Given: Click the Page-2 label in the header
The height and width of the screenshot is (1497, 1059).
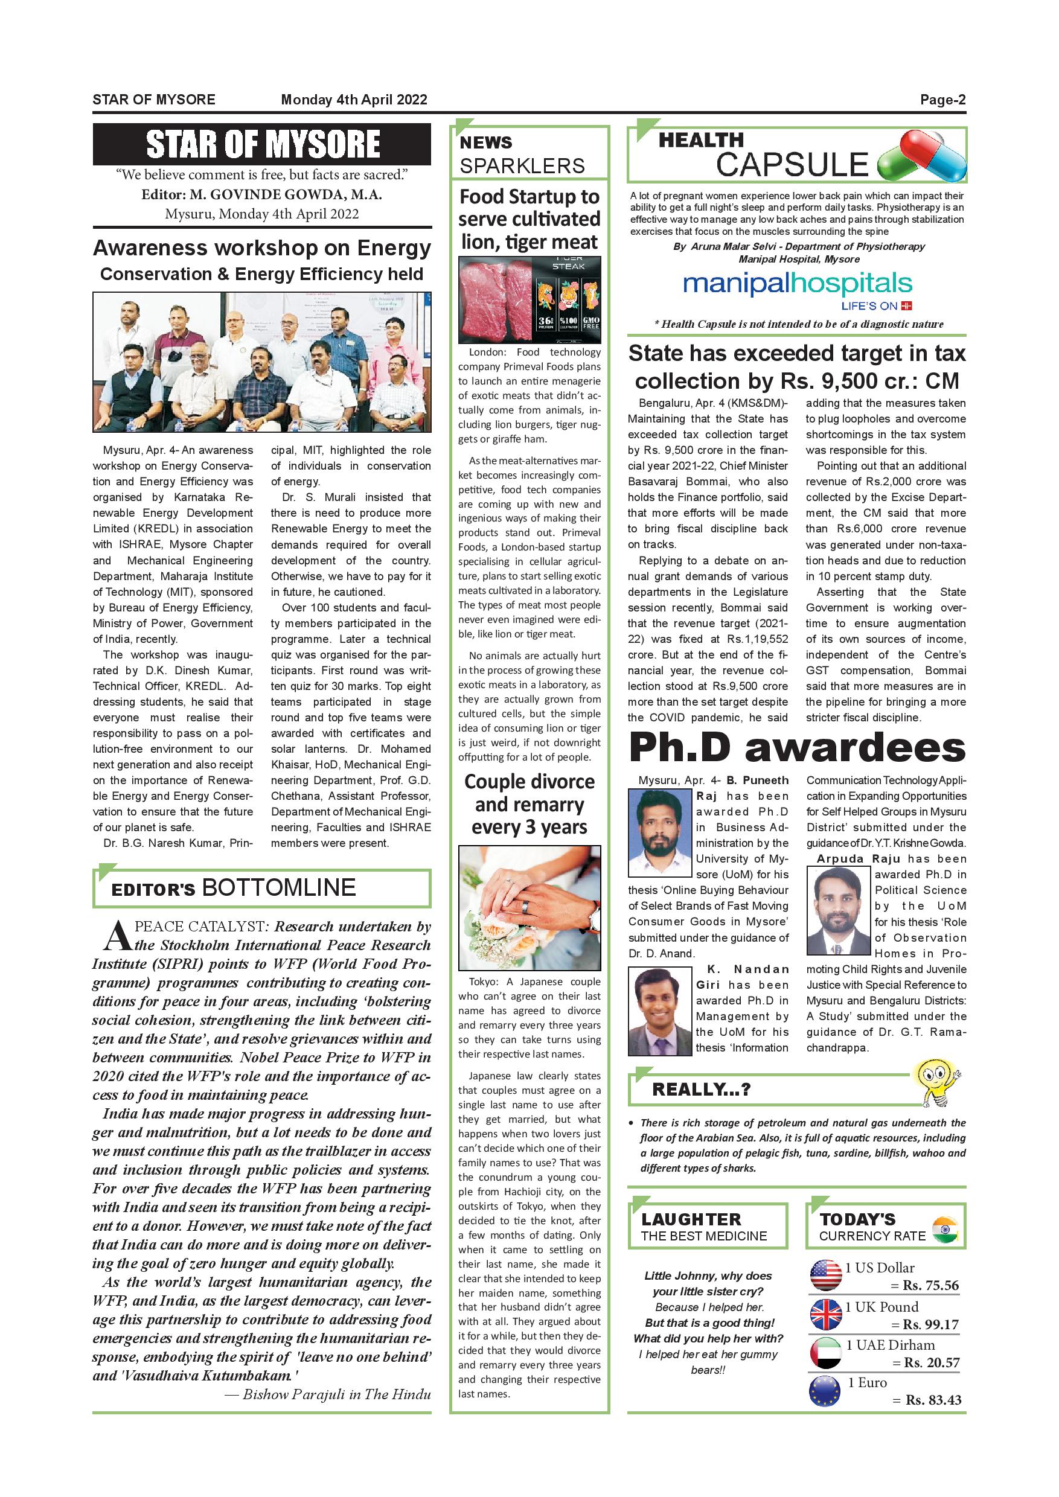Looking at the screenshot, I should [942, 100].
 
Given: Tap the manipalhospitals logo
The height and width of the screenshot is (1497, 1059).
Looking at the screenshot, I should [797, 284].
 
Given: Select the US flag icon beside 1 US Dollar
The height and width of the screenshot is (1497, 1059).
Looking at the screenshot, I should [825, 1275].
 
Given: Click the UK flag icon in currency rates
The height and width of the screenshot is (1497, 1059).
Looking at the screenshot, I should [825, 1315].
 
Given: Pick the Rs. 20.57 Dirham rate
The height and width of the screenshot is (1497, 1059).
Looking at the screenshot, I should [932, 1362].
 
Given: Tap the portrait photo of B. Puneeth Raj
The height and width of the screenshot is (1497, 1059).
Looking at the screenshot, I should [659, 832].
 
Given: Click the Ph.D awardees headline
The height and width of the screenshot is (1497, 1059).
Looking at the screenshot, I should [797, 748].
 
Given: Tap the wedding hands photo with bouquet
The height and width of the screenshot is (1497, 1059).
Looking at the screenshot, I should [529, 908].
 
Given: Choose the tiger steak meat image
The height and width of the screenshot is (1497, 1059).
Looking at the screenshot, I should [529, 299].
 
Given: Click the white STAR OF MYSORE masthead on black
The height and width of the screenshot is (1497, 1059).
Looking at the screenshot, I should [262, 144].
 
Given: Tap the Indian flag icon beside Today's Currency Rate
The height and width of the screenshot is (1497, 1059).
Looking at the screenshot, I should [944, 1229].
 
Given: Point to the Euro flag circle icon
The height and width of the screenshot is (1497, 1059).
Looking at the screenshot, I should [825, 1391].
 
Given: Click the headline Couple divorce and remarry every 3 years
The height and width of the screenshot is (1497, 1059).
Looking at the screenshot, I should [529, 804].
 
